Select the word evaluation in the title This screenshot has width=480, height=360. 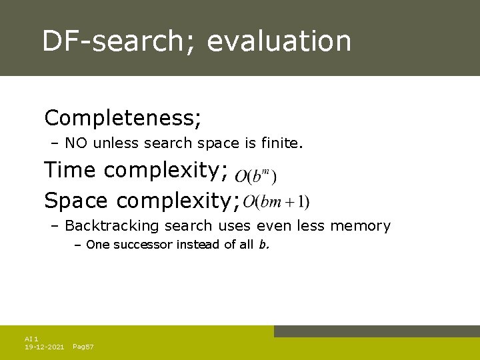(x=279, y=41)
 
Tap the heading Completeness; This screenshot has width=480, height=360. (x=123, y=119)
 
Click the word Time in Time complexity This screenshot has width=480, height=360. (x=70, y=171)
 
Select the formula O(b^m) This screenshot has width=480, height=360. (x=256, y=176)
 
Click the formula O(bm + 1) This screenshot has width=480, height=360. (x=277, y=201)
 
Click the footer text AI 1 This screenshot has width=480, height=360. (x=31, y=339)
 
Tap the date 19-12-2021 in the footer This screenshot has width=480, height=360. (x=44, y=347)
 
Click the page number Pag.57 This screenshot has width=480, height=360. (x=83, y=347)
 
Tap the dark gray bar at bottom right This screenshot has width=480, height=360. (x=377, y=331)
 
